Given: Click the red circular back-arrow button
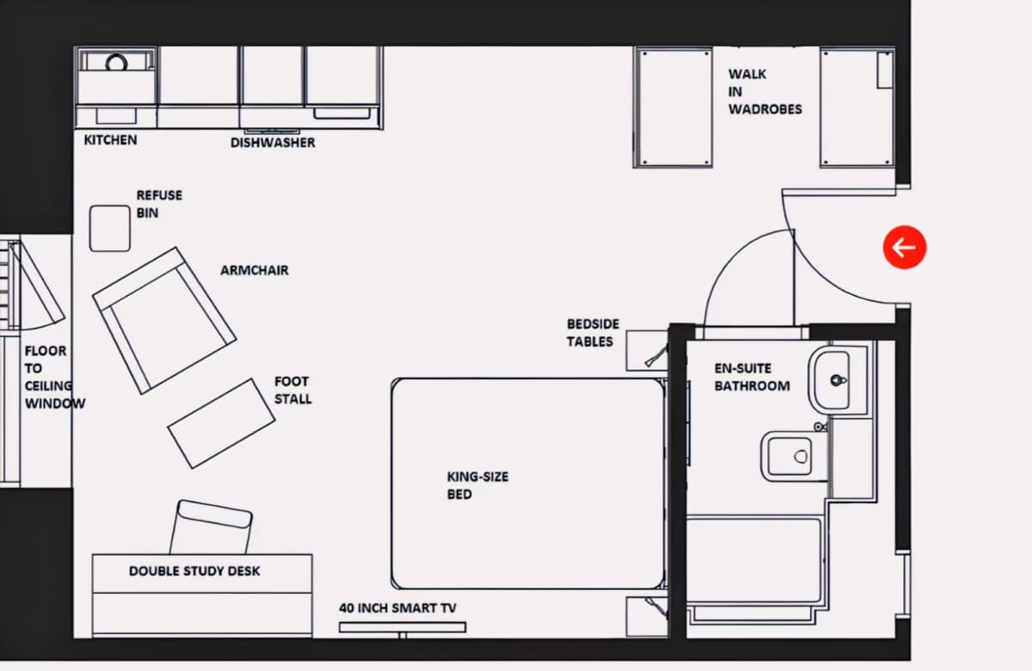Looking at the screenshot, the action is pos(905,248).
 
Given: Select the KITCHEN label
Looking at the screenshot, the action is pos(111,139).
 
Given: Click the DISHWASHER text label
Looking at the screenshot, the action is pos(273,143).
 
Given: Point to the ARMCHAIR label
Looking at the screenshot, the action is pos(255,270).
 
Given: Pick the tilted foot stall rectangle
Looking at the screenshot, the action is pos(221,423).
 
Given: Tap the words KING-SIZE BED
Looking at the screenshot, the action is pos(478,485).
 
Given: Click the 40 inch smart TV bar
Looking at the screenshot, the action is pos(402,627).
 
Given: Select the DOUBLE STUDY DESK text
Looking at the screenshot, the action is pos(194,571).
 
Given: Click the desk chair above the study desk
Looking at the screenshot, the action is pos(212,526).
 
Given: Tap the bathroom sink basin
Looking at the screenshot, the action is pos(829,380).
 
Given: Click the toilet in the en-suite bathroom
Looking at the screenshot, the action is pos(789,456).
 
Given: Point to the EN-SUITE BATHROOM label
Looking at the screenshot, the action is pos(752,377).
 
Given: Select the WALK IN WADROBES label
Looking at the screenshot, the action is pos(765,92).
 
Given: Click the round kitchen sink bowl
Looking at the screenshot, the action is pos(116,62).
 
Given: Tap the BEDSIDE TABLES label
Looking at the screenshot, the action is pos(593,333).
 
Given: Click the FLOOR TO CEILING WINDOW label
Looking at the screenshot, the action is pos(55,377).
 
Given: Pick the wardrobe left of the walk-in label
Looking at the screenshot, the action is pos(673,107).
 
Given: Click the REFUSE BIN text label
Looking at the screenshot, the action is pos(159,204).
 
